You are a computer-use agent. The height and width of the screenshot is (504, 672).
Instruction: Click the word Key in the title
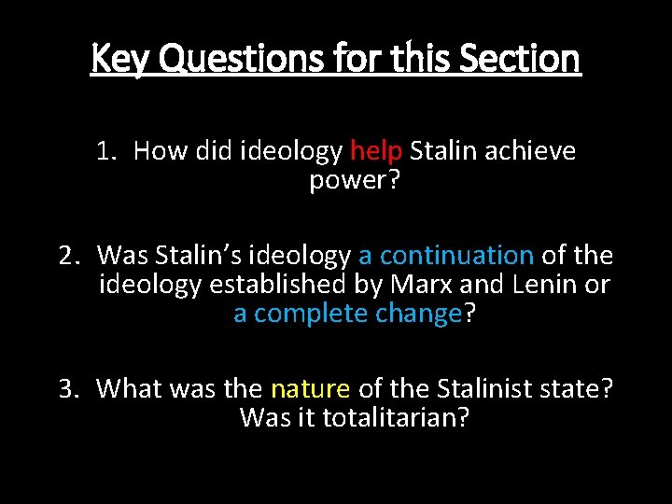tap(120, 59)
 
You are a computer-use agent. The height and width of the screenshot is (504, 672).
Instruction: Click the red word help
tap(376, 151)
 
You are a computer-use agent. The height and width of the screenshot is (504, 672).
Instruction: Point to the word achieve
tap(532, 151)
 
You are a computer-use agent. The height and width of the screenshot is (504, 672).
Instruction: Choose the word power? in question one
tap(354, 180)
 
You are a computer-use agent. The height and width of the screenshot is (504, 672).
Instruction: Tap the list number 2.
tap(67, 255)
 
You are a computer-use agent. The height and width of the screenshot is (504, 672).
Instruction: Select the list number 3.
tap(68, 387)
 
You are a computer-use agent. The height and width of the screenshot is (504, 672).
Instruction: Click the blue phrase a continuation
tap(446, 255)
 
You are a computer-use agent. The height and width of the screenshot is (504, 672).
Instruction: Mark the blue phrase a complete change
tap(347, 314)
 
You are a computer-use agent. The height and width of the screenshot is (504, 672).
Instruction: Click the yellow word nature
tap(310, 387)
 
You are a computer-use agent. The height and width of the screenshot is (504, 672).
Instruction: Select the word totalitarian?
tap(395, 417)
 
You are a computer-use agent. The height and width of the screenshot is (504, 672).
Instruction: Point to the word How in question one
tap(161, 151)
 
